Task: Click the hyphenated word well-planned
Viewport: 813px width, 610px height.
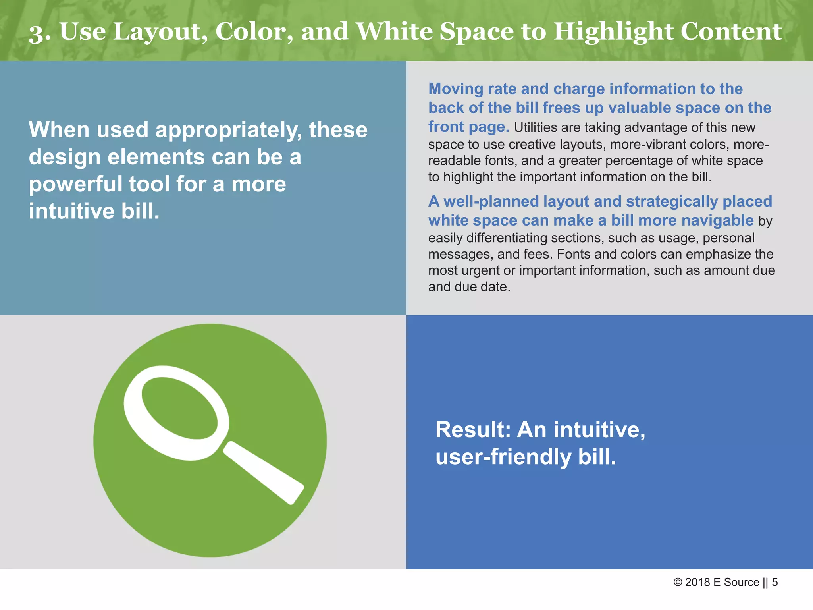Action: tap(491, 201)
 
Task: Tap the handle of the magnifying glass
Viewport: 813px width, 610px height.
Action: tap(264, 473)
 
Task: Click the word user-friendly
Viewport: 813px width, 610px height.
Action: tap(503, 457)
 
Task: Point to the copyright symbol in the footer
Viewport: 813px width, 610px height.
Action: tap(678, 583)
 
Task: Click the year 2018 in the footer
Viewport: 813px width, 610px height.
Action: tap(697, 583)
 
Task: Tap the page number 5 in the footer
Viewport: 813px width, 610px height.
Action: tap(774, 583)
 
